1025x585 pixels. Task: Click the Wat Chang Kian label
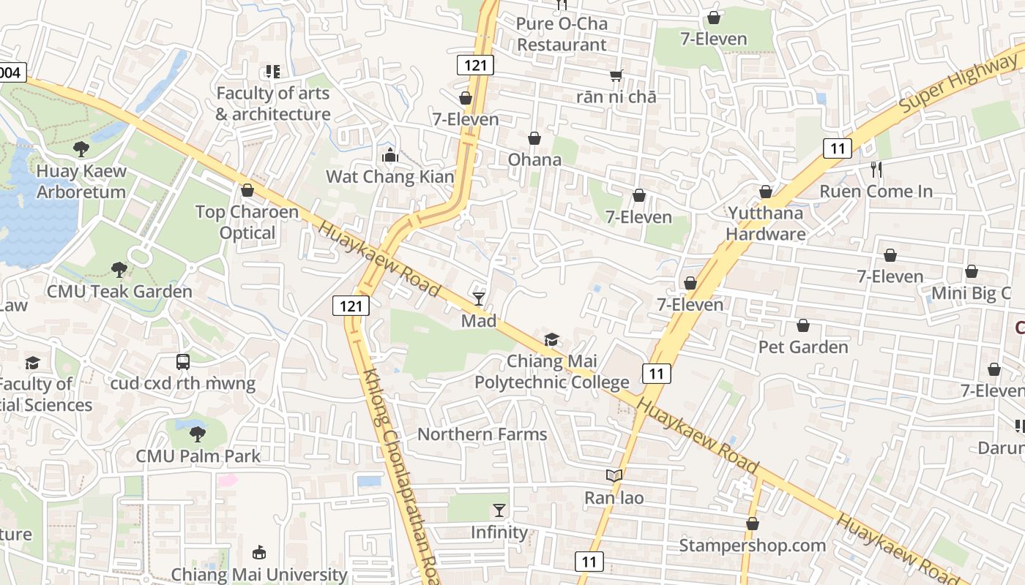[x=389, y=176]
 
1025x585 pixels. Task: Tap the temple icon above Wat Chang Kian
[x=389, y=155]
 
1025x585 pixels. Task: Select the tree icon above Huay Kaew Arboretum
[x=81, y=149]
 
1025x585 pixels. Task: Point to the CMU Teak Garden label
[x=119, y=291]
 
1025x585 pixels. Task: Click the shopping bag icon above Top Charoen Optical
[x=247, y=190]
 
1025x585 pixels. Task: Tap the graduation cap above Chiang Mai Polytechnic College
[x=551, y=339]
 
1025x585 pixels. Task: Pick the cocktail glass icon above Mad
[x=479, y=298]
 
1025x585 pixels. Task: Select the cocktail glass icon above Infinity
[x=499, y=510]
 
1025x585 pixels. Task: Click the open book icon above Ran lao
[x=614, y=476]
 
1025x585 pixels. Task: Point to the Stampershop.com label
[x=752, y=546]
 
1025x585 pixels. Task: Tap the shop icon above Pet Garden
[x=803, y=325]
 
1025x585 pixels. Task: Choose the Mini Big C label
[x=971, y=293]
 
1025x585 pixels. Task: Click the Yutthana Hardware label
[x=766, y=223]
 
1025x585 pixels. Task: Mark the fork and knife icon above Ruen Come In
[x=876, y=170]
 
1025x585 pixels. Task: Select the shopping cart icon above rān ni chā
[x=616, y=75]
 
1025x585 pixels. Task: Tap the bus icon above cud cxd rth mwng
[x=183, y=361]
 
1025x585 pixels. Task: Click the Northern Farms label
[x=482, y=434]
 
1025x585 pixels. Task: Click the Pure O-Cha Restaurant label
[x=562, y=34]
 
